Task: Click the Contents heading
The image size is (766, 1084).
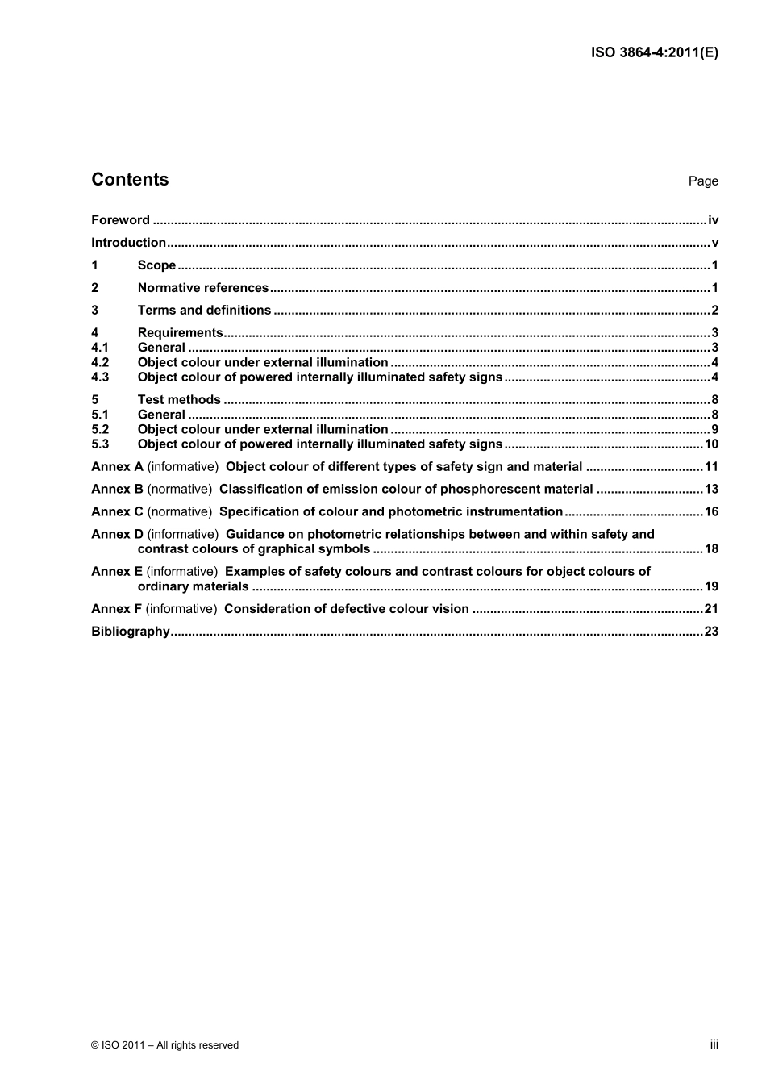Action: (130, 180)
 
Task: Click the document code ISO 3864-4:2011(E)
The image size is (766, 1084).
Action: (655, 52)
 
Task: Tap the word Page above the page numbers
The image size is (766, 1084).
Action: (702, 181)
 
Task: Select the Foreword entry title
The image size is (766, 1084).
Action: (120, 220)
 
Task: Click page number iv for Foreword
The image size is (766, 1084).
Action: (713, 220)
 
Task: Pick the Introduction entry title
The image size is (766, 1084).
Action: (128, 243)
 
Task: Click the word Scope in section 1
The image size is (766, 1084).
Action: (156, 265)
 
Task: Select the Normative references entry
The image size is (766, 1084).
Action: (202, 288)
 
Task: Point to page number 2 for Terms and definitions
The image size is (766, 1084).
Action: (714, 311)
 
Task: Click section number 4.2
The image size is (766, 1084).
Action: (100, 363)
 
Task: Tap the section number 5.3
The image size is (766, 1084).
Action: (100, 444)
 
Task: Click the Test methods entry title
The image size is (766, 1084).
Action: (179, 400)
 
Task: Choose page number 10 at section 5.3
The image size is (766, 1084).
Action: (711, 444)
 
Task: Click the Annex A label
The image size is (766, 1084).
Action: (117, 467)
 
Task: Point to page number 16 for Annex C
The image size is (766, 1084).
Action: (711, 512)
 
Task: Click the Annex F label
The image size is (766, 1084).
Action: (117, 609)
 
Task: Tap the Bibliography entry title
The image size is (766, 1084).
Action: (131, 632)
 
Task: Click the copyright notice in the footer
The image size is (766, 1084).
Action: (165, 1045)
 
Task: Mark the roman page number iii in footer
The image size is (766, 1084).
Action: (714, 1044)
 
